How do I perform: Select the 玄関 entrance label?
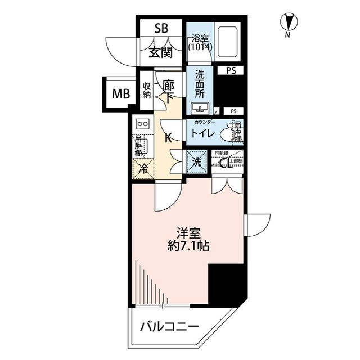click(160, 53)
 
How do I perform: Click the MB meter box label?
click(120, 94)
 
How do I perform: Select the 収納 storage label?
click(147, 91)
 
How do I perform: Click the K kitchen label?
click(168, 136)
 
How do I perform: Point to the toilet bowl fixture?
click(228, 134)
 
